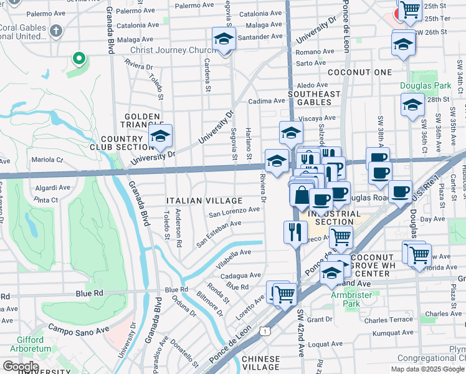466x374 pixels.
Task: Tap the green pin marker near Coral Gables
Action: click(x=78, y=59)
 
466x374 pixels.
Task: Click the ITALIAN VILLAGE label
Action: click(x=204, y=201)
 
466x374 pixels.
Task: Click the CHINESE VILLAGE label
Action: click(x=260, y=363)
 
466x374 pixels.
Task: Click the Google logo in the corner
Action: click(x=21, y=367)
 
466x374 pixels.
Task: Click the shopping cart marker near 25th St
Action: click(x=409, y=11)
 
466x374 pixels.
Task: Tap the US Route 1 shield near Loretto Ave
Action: click(x=266, y=330)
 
